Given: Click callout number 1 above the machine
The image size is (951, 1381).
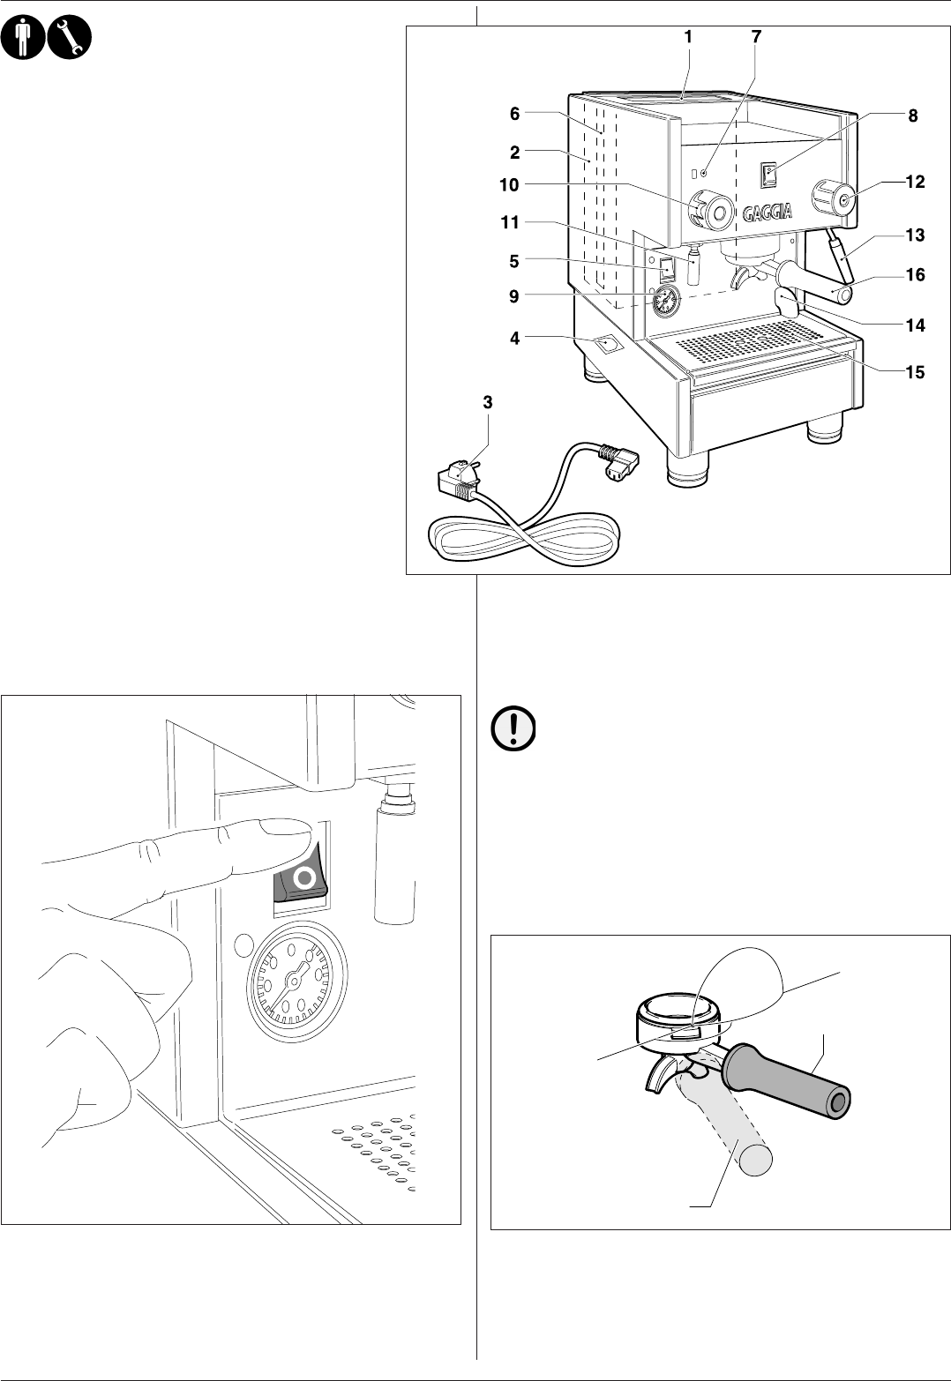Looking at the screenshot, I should pyautogui.click(x=687, y=38).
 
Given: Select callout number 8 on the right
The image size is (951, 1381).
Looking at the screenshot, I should pyautogui.click(x=912, y=116).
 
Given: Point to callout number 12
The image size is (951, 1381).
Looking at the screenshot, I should pyautogui.click(x=914, y=183).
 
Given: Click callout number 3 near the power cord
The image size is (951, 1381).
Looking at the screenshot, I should pyautogui.click(x=488, y=402).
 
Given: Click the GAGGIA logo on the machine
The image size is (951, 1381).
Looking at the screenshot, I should pyautogui.click(x=767, y=213).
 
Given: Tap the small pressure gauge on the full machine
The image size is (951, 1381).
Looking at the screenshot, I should pyautogui.click(x=668, y=300).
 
